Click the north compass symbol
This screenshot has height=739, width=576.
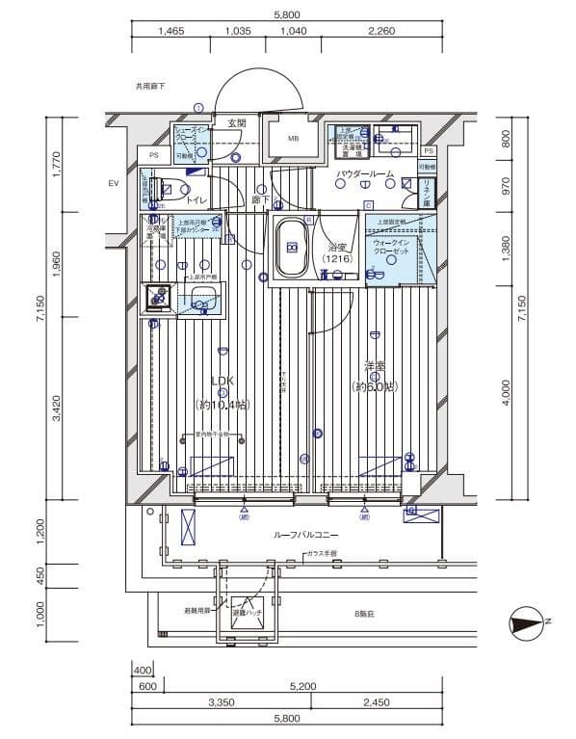(x=528, y=623)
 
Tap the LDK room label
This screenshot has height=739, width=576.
(x=222, y=381)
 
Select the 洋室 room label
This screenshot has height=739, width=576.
(x=375, y=367)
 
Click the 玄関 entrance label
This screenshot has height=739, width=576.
(x=237, y=123)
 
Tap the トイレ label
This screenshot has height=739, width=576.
(x=196, y=200)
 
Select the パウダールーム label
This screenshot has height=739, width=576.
(x=365, y=174)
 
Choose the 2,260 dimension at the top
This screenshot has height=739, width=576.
(x=381, y=31)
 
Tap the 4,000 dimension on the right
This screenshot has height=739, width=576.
(x=507, y=396)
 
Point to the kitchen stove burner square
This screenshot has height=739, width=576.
(x=156, y=298)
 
